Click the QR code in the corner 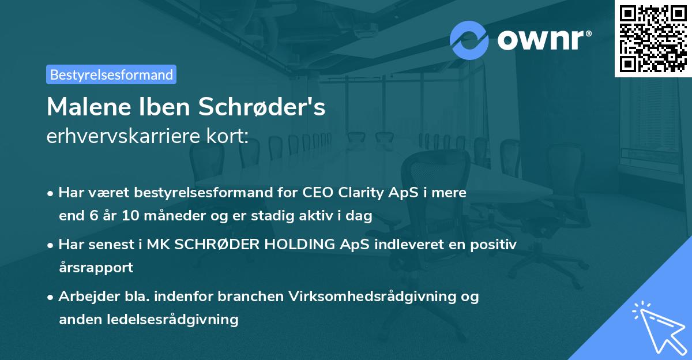pyautogui.click(x=653, y=39)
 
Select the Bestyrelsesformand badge pyautogui.click(x=111, y=74)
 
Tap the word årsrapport pyautogui.click(x=96, y=268)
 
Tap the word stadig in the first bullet pyautogui.click(x=307, y=216)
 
